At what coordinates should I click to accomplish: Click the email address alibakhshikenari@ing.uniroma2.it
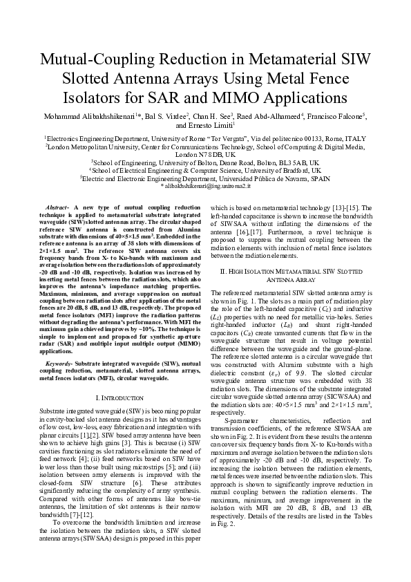click(206, 185)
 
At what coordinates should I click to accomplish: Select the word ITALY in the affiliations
click(355, 138)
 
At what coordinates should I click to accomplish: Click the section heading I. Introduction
click(117, 398)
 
